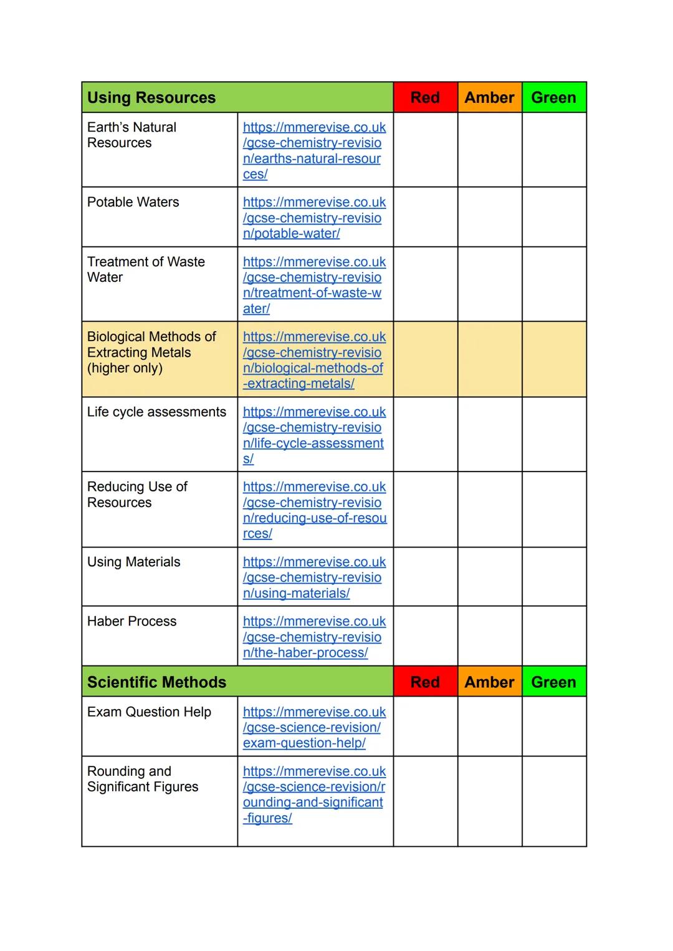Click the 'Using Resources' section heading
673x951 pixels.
click(151, 98)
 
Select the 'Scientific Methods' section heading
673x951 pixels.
click(156, 682)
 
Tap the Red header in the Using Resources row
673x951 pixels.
click(425, 98)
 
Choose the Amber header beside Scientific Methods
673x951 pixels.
click(489, 682)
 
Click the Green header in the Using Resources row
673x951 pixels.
click(553, 98)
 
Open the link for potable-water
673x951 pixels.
click(313, 218)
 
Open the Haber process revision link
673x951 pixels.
click(313, 637)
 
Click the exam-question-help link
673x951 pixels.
click(313, 727)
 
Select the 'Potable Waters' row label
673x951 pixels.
click(133, 202)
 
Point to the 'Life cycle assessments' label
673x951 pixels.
click(156, 412)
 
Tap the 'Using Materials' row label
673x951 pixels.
click(133, 562)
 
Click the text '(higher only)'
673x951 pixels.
click(125, 368)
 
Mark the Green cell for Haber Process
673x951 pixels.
click(553, 636)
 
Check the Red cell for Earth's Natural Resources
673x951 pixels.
click(425, 150)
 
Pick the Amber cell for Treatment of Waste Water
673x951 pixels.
click(489, 284)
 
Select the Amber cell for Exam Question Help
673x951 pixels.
click(489, 727)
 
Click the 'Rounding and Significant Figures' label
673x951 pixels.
click(142, 779)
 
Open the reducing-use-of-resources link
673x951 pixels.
click(313, 510)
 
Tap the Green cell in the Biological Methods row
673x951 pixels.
click(553, 359)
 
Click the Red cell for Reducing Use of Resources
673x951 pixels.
click(425, 509)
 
